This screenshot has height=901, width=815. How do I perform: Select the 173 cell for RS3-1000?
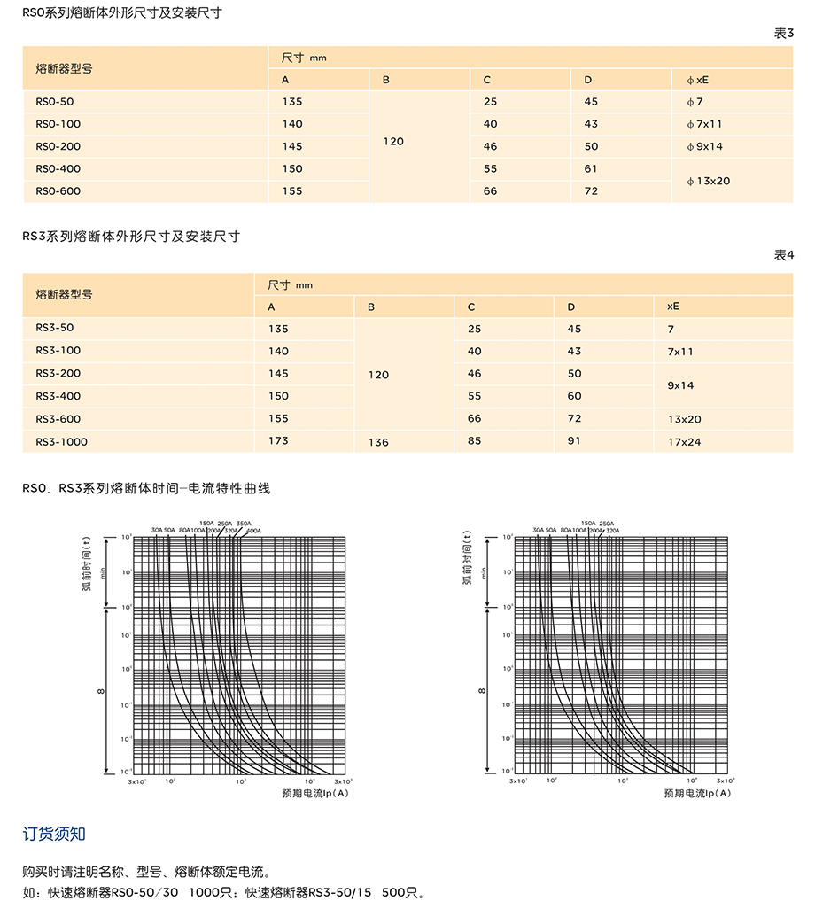click(278, 440)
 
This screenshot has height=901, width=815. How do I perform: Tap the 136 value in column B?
click(378, 441)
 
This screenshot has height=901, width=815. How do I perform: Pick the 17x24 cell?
click(684, 441)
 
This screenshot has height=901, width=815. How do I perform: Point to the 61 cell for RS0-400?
click(591, 168)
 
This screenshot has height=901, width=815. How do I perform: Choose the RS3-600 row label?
click(58, 419)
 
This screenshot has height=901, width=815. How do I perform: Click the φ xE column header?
click(697, 80)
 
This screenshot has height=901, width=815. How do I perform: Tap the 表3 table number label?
click(784, 34)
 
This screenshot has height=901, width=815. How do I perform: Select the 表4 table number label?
click(784, 255)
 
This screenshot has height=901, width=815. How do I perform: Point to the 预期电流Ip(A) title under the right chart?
click(697, 793)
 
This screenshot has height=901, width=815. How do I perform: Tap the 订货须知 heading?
click(54, 834)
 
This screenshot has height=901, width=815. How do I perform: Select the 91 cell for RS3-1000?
click(574, 440)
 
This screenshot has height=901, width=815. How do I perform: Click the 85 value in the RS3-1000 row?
click(475, 440)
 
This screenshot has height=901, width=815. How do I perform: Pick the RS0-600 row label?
click(58, 190)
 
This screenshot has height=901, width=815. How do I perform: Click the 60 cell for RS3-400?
click(574, 396)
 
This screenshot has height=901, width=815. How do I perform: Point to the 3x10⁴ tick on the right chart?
click(726, 781)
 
